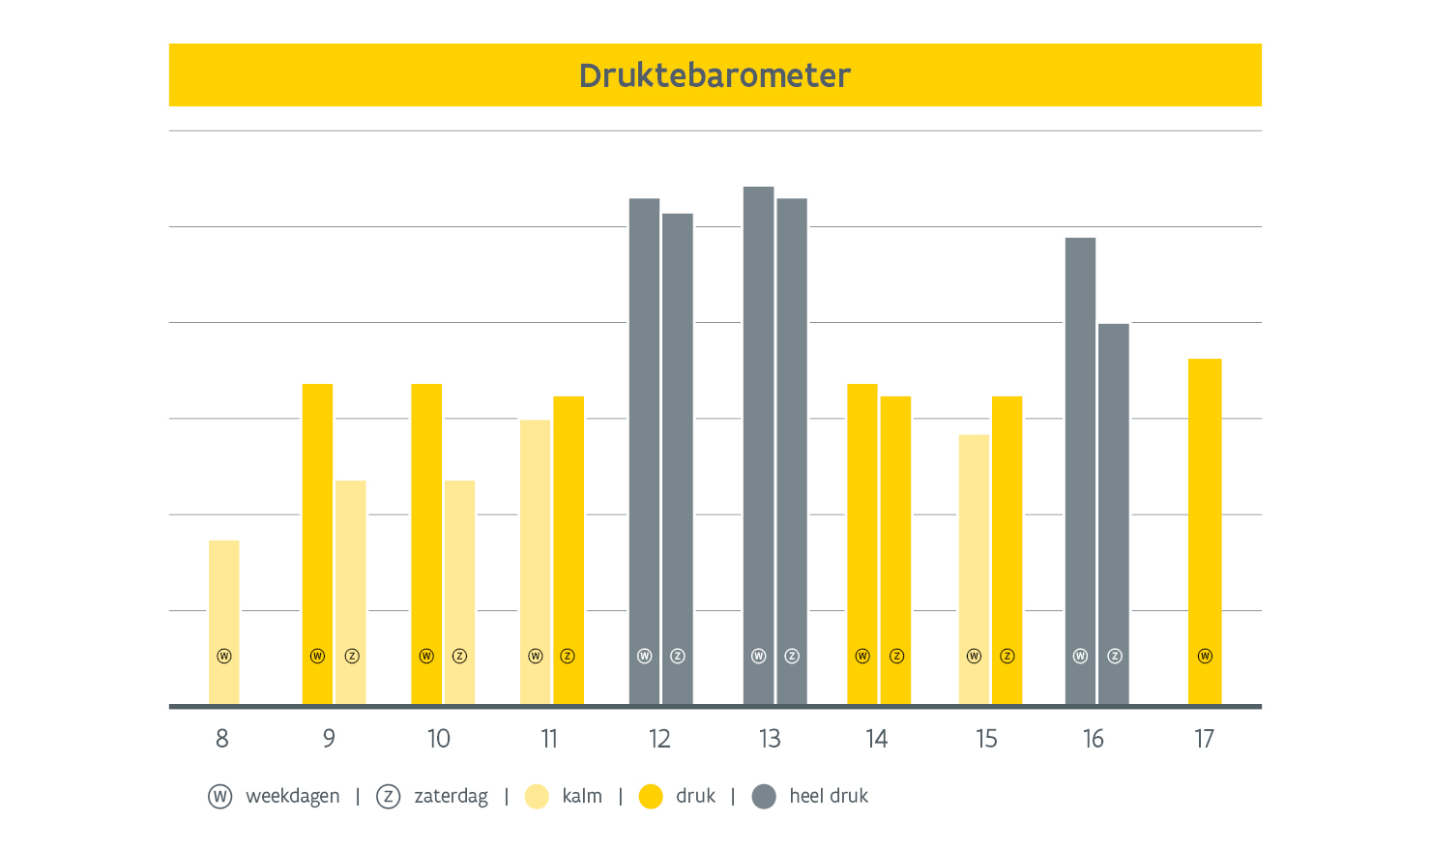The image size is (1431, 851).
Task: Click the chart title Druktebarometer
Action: [715, 75]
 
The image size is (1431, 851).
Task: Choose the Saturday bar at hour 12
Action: [678, 455]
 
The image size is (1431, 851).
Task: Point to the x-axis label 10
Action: [439, 739]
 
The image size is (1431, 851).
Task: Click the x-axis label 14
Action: [876, 739]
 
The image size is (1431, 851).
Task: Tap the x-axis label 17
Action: [1204, 739]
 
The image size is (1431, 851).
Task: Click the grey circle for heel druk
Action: [764, 797]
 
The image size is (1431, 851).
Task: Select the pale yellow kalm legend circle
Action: [537, 797]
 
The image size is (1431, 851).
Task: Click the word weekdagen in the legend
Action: [293, 796]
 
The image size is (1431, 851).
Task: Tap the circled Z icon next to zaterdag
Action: [388, 797]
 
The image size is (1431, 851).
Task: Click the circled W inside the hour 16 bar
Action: [1081, 656]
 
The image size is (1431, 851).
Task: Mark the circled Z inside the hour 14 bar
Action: [896, 656]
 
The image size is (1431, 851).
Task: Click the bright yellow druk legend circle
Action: [651, 797]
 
